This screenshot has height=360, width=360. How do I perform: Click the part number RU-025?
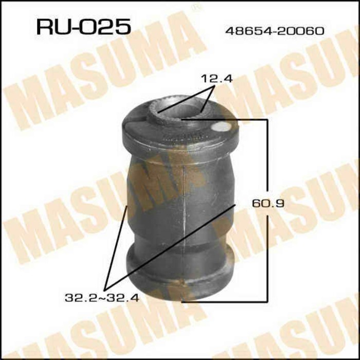[x=82, y=27]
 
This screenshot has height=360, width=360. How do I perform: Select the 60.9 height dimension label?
[x=268, y=204]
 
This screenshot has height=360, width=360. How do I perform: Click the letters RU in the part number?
[x=52, y=27]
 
